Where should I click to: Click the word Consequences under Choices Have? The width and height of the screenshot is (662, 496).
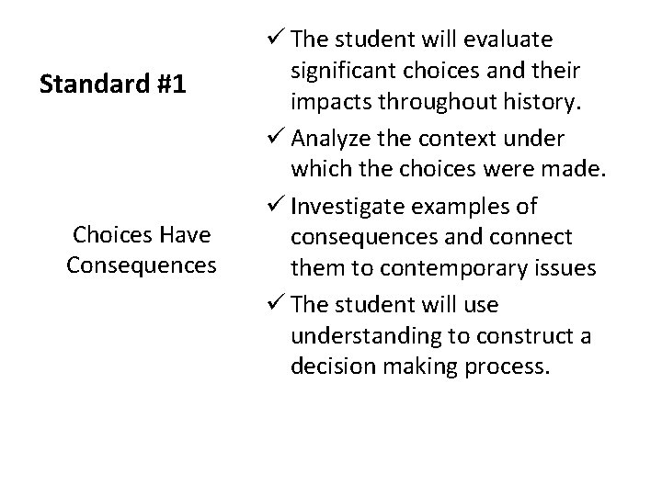coord(142,265)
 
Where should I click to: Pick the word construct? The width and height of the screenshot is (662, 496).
coord(532,335)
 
